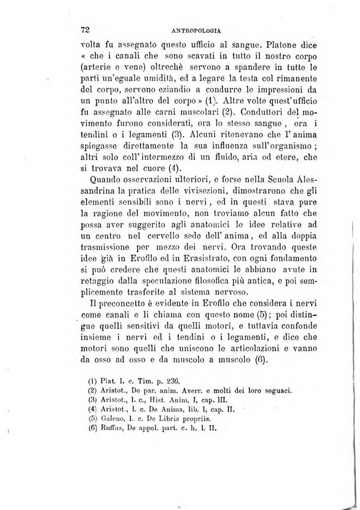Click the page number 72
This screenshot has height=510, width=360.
(x=87, y=29)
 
